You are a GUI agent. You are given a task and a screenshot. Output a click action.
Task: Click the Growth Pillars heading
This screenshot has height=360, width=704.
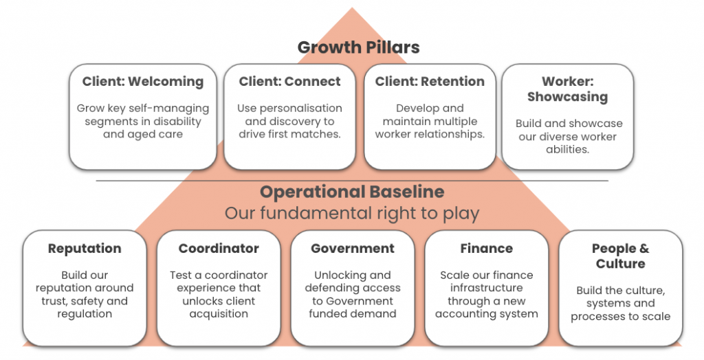coord(358,47)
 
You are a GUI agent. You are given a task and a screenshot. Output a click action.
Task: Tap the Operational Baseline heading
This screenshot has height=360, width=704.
coord(352,192)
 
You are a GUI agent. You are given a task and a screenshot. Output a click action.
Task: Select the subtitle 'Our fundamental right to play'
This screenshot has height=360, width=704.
coord(352,213)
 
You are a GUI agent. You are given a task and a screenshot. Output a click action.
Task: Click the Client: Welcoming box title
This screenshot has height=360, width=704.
coord(143,81)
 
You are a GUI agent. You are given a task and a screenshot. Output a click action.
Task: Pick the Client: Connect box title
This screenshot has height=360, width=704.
coord(289,81)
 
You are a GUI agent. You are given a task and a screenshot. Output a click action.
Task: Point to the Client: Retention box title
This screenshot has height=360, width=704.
coord(430,81)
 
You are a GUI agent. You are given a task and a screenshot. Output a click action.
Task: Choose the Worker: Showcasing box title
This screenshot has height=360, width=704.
coord(567,89)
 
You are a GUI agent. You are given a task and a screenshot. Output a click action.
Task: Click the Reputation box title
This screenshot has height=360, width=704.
coord(85,249)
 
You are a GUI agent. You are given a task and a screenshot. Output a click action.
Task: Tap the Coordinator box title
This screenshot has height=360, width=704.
coord(219,248)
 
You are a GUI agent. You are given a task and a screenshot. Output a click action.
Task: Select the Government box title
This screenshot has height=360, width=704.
coord(353,248)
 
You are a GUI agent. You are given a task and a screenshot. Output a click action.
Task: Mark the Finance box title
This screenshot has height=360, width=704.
coord(486,248)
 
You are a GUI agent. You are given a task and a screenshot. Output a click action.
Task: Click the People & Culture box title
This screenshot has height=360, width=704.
coord(621,256)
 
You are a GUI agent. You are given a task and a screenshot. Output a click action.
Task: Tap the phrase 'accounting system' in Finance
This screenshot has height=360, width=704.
coord(486,314)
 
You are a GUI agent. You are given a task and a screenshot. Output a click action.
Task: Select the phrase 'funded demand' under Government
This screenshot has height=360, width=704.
coord(353,313)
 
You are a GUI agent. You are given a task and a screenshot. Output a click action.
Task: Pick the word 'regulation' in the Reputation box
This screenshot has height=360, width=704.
coord(85,314)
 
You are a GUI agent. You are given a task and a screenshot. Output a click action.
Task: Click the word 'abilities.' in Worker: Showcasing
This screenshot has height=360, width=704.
coord(567,150)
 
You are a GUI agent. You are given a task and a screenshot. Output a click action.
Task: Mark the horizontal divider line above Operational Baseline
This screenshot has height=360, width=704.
coord(352,181)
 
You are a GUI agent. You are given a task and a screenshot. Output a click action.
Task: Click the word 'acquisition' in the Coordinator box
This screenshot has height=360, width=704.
coord(219,314)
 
